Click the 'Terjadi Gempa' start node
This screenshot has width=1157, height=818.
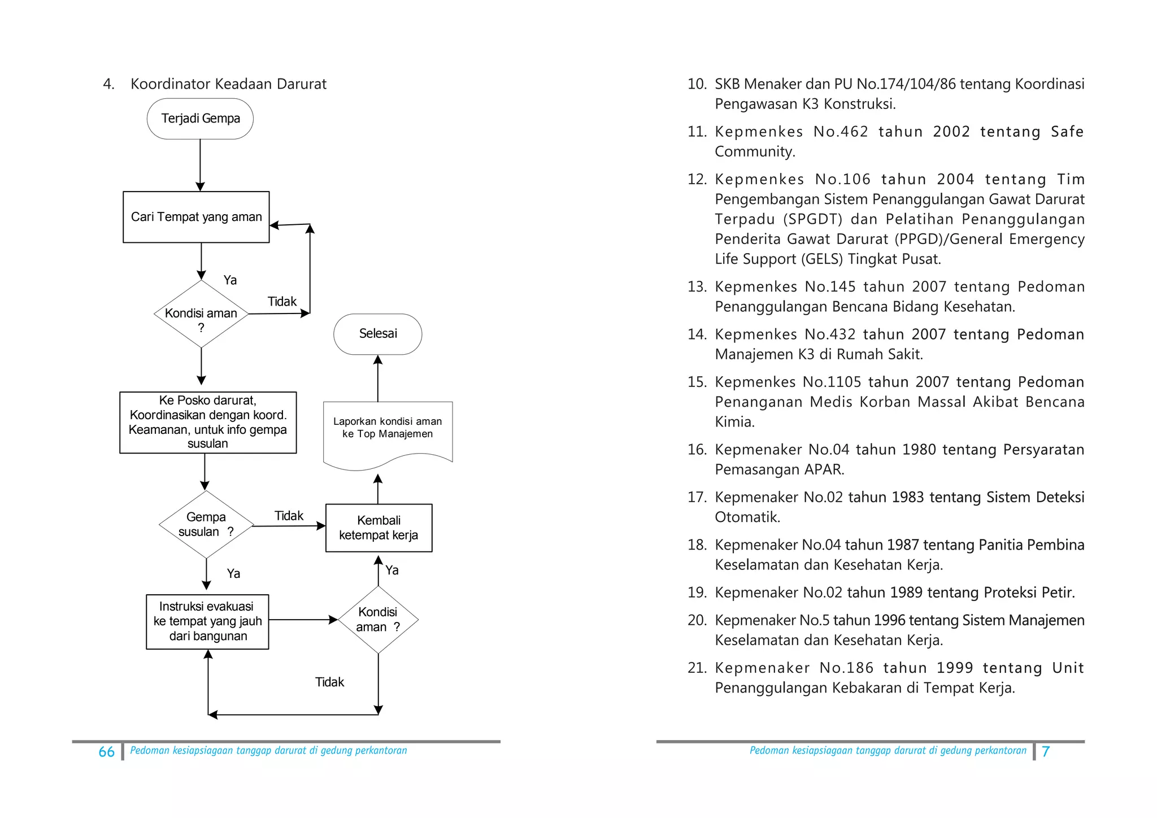click(200, 119)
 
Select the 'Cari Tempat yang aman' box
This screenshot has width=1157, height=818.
click(196, 217)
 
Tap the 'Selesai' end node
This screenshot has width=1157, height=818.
click(378, 334)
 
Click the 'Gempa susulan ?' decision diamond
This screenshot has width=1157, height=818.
click(207, 524)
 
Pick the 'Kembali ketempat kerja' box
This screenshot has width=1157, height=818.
click(379, 528)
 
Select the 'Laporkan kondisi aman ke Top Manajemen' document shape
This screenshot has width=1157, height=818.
click(388, 434)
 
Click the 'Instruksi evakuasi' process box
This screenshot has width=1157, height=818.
click(207, 621)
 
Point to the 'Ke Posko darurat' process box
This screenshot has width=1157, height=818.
click(208, 422)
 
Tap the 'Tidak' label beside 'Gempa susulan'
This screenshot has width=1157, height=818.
click(289, 516)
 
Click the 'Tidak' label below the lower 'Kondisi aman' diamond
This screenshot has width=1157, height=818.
click(329, 682)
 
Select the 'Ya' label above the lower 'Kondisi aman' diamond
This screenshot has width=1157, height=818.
click(392, 570)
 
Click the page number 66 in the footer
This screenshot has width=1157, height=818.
click(106, 752)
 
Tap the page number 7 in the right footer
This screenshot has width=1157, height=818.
click(1046, 751)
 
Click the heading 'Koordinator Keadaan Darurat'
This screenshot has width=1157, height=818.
click(228, 84)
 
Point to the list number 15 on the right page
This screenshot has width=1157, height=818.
click(697, 382)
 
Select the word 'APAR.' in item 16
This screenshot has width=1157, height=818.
click(824, 469)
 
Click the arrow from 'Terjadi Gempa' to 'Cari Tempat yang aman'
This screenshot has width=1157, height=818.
click(200, 165)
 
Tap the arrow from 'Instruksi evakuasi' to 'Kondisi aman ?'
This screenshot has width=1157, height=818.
click(303, 620)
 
